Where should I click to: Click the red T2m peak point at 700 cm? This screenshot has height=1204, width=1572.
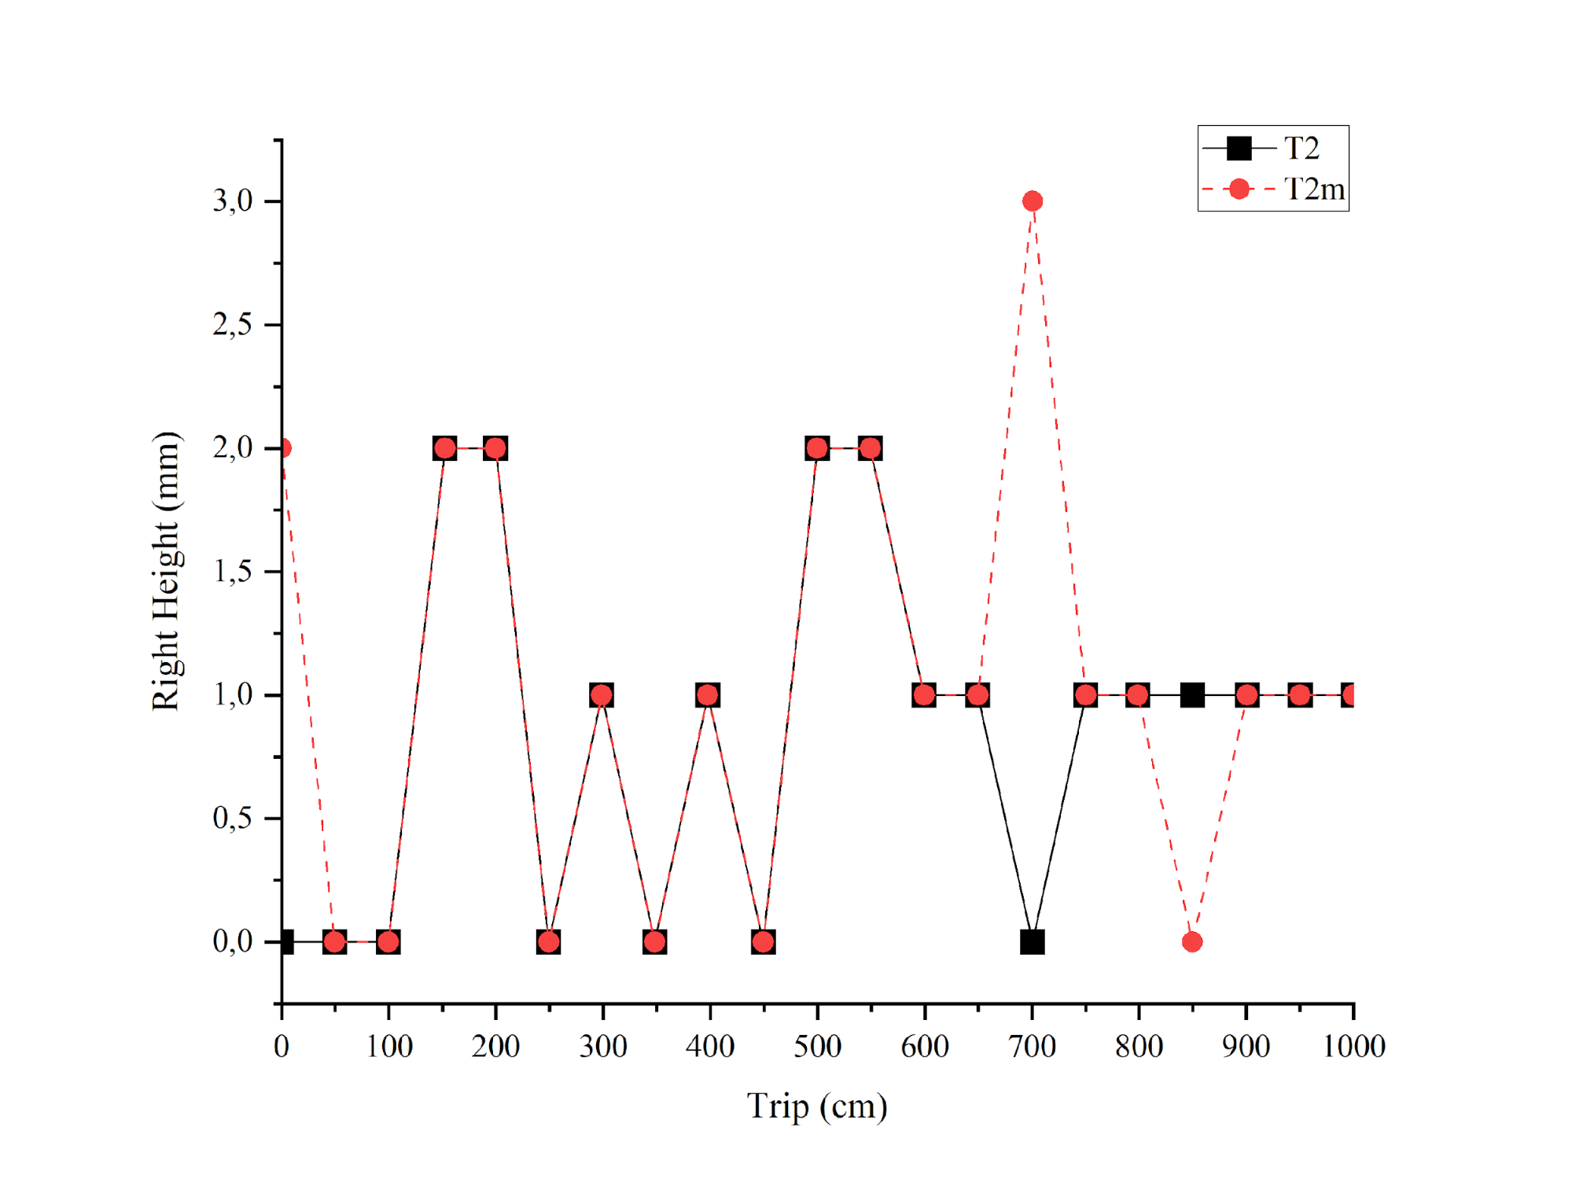click(1033, 201)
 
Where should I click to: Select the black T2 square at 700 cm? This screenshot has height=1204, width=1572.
click(1033, 941)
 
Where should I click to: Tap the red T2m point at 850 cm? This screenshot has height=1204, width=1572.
click(1192, 941)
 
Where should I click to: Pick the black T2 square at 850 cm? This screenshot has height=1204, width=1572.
click(1192, 695)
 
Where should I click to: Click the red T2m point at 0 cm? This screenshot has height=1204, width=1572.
click(283, 448)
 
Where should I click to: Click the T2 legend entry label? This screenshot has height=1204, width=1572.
click(1301, 148)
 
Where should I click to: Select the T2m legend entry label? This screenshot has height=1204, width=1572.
click(1314, 190)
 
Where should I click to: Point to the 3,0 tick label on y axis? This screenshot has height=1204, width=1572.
click(233, 201)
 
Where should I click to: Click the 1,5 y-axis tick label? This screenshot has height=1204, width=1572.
click(233, 572)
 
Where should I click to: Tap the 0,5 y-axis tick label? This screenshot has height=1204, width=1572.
click(233, 819)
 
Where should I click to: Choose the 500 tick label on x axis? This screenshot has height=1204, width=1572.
click(817, 1047)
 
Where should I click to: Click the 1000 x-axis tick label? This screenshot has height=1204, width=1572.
click(1353, 1047)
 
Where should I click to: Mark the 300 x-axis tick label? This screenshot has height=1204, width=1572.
click(603, 1047)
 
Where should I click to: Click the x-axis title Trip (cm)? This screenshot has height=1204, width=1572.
click(817, 1106)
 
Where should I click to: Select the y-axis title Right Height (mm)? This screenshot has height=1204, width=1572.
click(166, 572)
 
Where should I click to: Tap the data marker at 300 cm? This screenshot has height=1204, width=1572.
click(602, 695)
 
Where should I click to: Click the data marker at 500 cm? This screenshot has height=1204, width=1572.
click(817, 448)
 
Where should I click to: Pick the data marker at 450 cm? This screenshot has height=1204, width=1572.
click(763, 941)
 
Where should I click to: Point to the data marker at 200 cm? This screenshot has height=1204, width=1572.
click(495, 448)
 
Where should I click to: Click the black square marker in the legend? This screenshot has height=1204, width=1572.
click(1239, 148)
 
